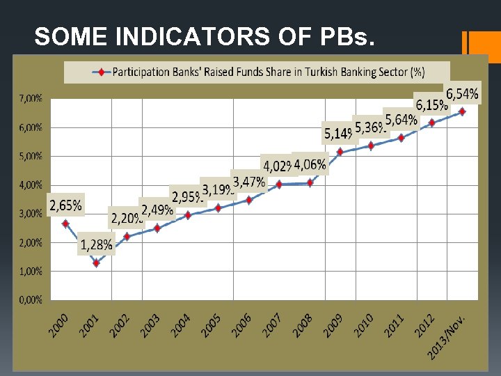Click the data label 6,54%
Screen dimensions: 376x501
[x=462, y=93]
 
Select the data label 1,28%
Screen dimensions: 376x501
[x=96, y=245]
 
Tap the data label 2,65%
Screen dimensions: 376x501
[x=65, y=205]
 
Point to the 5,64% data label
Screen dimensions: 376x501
[x=401, y=120]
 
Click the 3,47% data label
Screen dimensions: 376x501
[x=249, y=182]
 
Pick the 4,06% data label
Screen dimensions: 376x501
[x=310, y=164]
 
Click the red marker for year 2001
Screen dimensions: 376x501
[x=96, y=263]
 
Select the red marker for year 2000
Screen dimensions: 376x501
[x=65, y=224]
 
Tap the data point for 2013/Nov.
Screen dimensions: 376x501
[x=462, y=111]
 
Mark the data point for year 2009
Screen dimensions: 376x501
[x=340, y=152]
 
